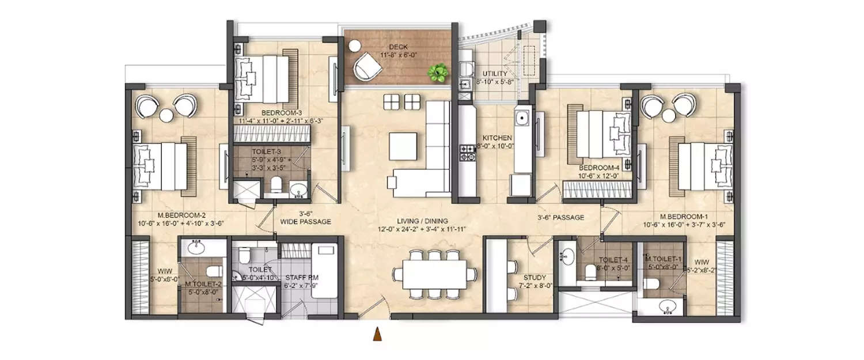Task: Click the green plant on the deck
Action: (438, 73)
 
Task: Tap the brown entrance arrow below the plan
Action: (377, 335)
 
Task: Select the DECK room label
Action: (397, 48)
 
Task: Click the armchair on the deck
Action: (366, 66)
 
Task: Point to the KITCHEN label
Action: (497, 138)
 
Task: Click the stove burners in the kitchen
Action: (465, 153)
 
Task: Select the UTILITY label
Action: (495, 74)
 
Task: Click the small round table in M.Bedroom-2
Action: (166, 116)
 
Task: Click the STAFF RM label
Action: (302, 277)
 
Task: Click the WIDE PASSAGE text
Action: (305, 221)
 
